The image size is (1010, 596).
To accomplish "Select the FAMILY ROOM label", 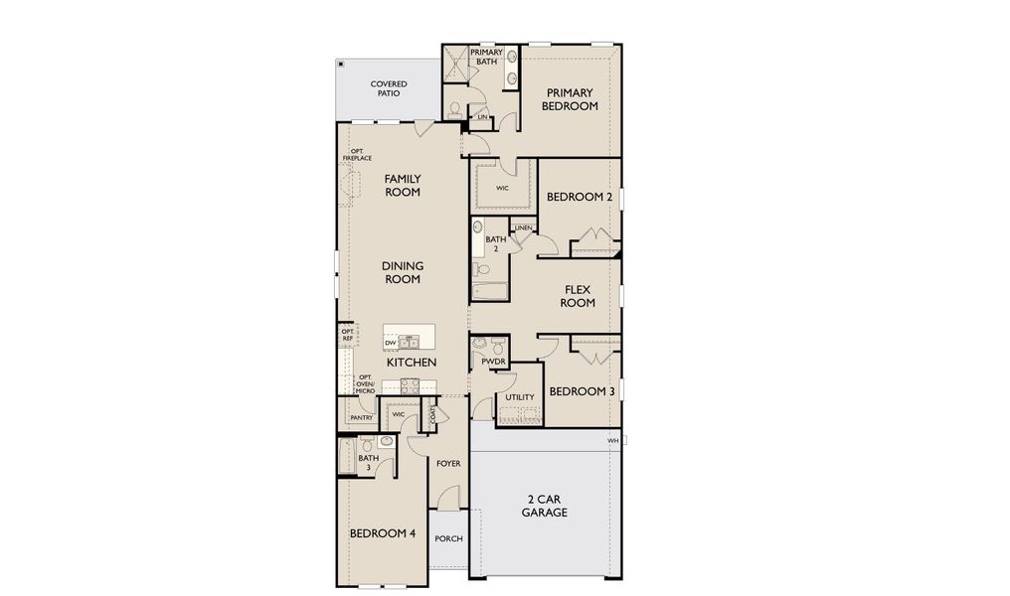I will [x=403, y=186].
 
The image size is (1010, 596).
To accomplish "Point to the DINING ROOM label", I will [x=403, y=272].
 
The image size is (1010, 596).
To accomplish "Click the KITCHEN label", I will [x=412, y=363].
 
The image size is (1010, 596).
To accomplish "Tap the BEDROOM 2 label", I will [x=580, y=197].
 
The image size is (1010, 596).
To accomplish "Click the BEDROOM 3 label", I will [x=582, y=391].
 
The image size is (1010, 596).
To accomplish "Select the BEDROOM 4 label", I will [x=383, y=533].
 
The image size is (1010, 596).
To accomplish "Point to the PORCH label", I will [x=448, y=538].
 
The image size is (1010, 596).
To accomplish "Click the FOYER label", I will [x=448, y=464].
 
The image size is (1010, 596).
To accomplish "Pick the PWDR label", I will [x=493, y=363].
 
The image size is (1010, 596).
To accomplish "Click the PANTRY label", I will [x=361, y=417].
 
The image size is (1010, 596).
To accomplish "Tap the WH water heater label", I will [x=612, y=439].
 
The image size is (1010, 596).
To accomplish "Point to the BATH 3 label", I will [x=369, y=462].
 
